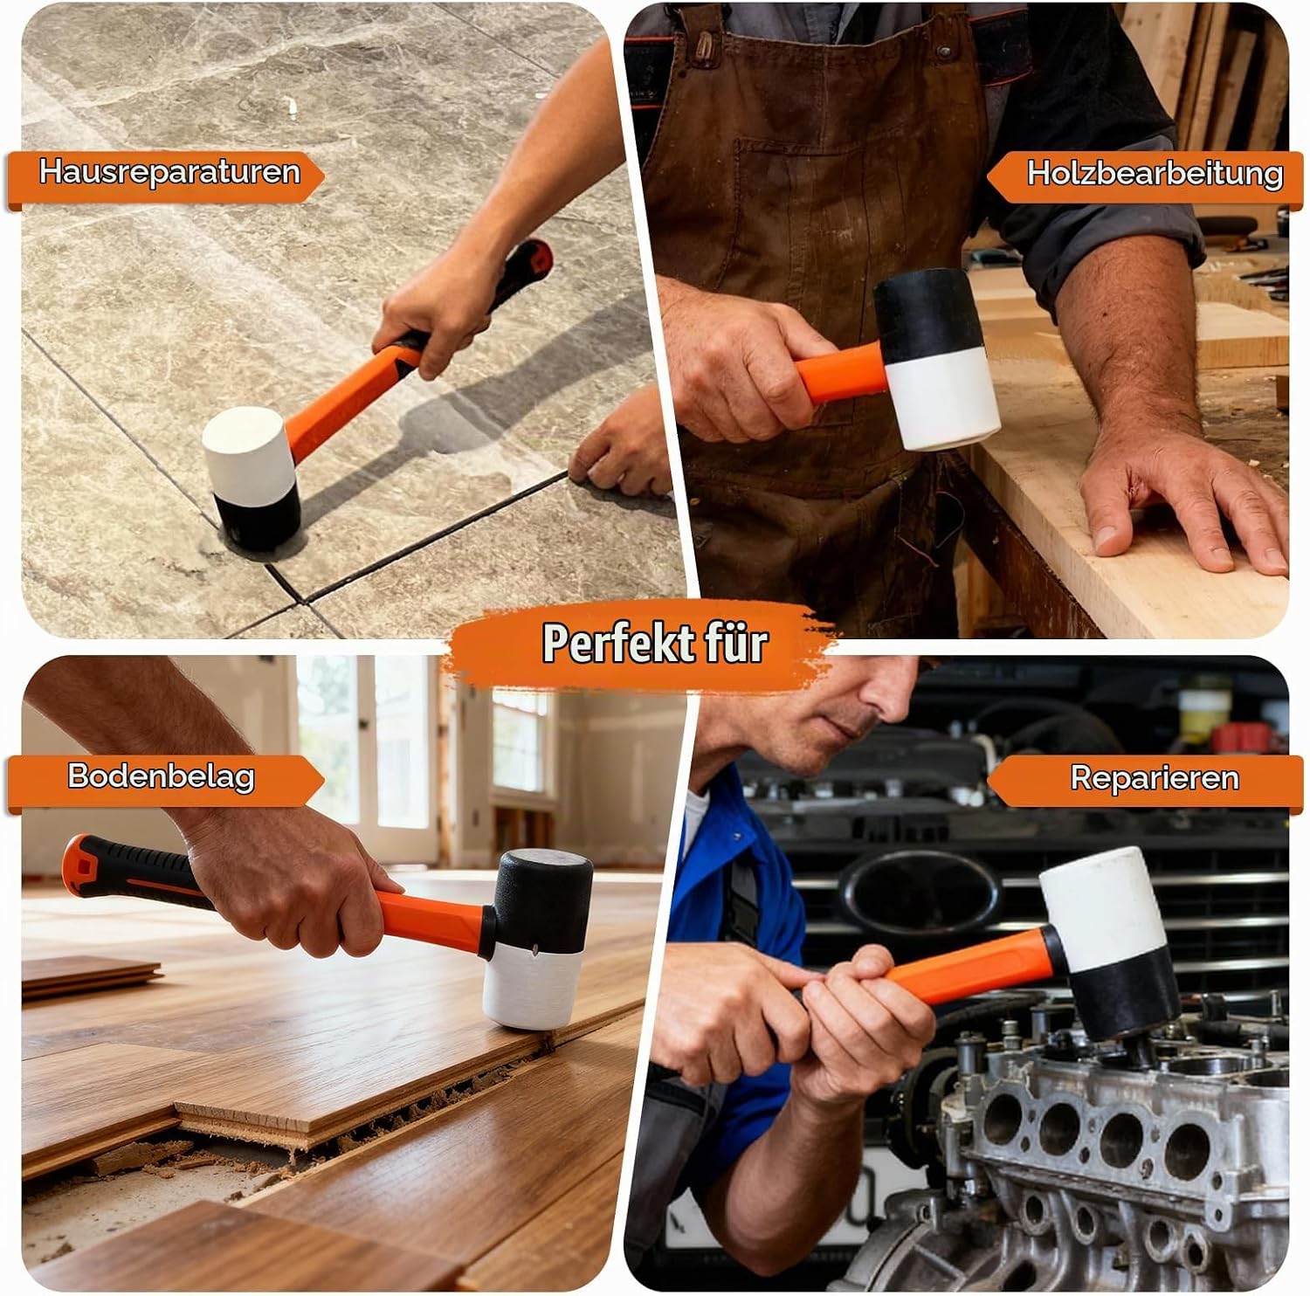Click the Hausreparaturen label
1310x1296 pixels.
click(169, 171)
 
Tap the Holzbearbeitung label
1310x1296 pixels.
click(1155, 173)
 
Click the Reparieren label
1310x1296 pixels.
click(1155, 777)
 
